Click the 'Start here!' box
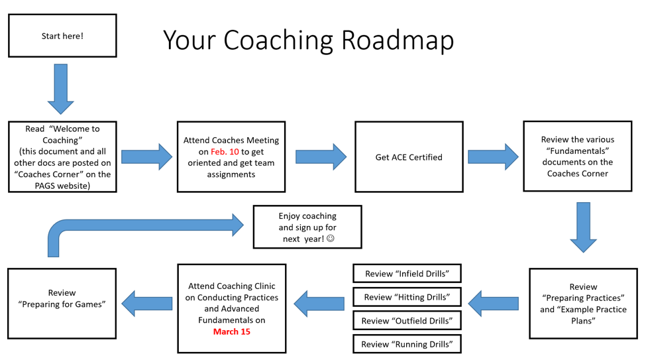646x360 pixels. (x=63, y=36)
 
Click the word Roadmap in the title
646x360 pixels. (x=398, y=40)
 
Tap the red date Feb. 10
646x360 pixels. (x=225, y=152)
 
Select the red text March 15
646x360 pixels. (x=231, y=331)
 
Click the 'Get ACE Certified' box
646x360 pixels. (x=409, y=156)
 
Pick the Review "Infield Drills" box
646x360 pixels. (x=407, y=273)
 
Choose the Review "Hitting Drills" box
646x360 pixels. (x=407, y=297)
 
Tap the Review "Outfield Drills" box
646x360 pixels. (x=407, y=320)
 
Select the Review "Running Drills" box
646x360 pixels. (x=407, y=344)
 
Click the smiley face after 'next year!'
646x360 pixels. (x=331, y=239)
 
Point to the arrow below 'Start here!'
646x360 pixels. (x=60, y=89)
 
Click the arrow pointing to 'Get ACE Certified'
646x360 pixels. (x=321, y=156)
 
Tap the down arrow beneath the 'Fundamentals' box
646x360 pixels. (x=583, y=227)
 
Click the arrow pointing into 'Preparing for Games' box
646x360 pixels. (x=147, y=304)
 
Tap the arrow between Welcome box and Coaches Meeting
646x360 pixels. (x=147, y=156)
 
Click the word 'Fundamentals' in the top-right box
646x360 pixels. (x=578, y=151)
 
